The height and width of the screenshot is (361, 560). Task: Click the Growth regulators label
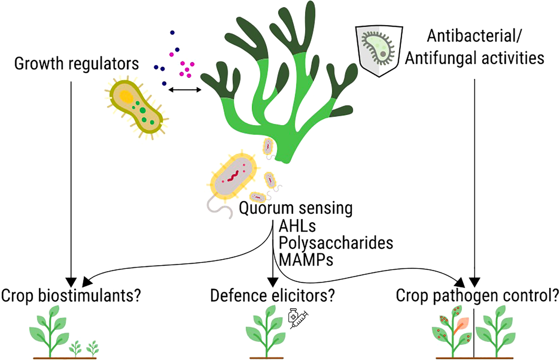click(77, 63)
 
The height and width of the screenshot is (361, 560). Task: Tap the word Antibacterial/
click(474, 36)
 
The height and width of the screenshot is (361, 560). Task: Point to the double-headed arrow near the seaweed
click(185, 90)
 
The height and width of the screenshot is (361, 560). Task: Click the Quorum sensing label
click(296, 208)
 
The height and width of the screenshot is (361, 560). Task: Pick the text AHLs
click(297, 226)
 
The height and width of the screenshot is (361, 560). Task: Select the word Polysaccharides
click(336, 243)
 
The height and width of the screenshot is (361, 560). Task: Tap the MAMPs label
click(306, 260)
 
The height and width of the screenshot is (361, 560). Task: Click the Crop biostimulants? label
click(71, 296)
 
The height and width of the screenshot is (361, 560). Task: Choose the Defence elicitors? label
click(273, 296)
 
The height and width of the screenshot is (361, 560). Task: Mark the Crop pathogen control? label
click(477, 296)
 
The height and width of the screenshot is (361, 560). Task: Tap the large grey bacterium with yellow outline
click(234, 177)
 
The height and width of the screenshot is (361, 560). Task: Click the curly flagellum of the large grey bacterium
click(218, 207)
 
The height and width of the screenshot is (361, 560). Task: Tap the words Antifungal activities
click(474, 58)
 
